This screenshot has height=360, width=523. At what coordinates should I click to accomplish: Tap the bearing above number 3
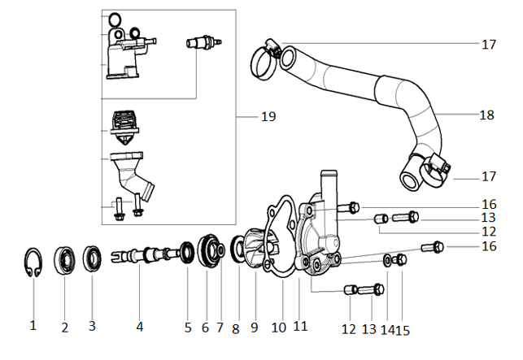[92, 260]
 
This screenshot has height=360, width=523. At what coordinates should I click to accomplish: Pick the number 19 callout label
[268, 117]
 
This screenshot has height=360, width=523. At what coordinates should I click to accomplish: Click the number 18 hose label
[486, 115]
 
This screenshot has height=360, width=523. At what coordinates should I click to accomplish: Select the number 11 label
[300, 327]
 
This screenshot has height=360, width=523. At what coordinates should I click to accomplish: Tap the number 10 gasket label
[279, 327]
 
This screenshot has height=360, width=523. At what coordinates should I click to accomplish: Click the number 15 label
[402, 330]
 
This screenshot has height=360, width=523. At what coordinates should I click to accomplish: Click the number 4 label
[140, 327]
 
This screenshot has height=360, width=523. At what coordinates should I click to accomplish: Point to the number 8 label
[236, 328]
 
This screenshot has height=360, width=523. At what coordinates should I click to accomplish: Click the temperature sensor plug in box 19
[199, 43]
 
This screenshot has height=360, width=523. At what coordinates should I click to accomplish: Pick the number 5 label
[188, 327]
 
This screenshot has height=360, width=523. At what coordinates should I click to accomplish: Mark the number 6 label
[205, 327]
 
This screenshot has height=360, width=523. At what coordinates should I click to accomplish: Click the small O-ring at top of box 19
[115, 20]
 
